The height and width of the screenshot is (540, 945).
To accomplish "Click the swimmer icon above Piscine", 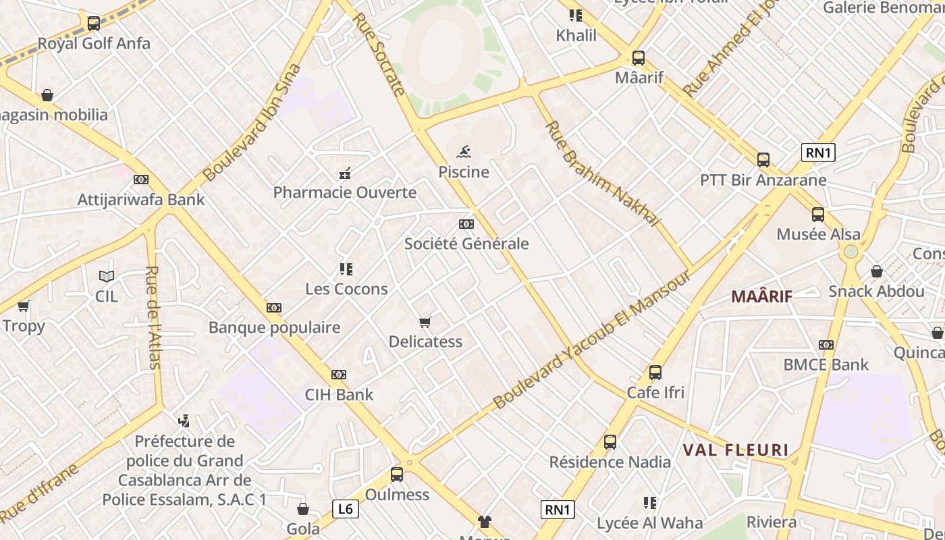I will (464, 151).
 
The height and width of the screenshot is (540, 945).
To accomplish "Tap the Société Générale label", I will (466, 244).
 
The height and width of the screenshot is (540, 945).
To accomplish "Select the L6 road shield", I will (344, 508).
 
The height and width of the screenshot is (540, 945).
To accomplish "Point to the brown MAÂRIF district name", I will (761, 296).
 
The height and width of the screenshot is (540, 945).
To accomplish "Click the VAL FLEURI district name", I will (735, 450).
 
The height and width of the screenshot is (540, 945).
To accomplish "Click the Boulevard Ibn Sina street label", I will (251, 123).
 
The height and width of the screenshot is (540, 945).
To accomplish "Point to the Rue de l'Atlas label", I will (153, 317).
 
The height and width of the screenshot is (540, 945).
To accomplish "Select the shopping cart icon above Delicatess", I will (425, 322).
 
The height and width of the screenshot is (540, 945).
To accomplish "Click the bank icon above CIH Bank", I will (339, 375).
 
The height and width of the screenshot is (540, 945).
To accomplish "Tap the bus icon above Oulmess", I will (397, 475).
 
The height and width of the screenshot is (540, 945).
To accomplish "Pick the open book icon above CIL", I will (106, 276).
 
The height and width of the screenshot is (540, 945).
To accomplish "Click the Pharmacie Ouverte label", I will (344, 193).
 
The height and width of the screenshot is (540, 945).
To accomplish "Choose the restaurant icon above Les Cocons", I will (346, 269).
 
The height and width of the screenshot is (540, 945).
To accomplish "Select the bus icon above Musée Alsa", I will (817, 215).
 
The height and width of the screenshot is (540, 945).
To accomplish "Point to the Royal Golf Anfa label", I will (94, 44).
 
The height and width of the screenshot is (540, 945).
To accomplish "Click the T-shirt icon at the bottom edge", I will (485, 521).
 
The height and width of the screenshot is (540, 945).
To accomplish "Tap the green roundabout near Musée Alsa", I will (850, 252).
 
